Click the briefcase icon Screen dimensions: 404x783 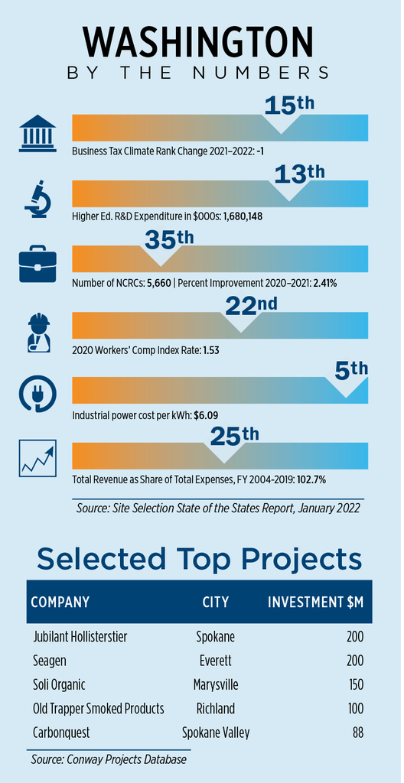[x=37, y=265]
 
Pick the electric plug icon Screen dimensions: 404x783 [x=37, y=394]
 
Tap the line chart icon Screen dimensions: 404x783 [x=37, y=458]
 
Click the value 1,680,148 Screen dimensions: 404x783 [x=243, y=216]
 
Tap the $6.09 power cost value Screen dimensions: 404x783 [x=207, y=414]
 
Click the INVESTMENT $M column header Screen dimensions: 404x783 [x=315, y=602]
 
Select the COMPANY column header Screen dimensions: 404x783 [x=60, y=602]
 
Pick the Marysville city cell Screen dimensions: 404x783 [x=216, y=684]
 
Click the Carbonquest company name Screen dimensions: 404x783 [x=61, y=733]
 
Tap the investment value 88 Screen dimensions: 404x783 [x=357, y=733]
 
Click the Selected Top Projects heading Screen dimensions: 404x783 [x=199, y=558]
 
